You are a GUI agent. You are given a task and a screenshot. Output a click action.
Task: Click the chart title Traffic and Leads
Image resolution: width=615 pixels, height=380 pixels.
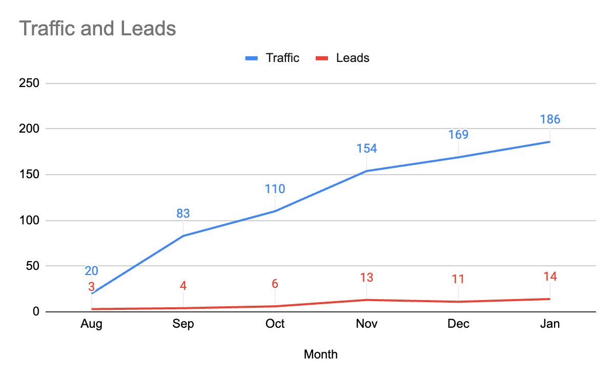[x=97, y=29]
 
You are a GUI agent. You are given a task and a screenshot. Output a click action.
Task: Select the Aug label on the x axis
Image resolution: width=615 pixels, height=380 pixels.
[x=91, y=324]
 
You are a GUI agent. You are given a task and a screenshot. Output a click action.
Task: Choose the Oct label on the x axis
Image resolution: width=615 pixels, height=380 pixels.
[x=275, y=324]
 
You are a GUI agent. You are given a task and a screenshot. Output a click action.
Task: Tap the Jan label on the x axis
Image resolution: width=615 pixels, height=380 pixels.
[x=550, y=324]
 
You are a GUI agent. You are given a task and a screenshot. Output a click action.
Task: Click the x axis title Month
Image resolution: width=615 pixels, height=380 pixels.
[x=321, y=354]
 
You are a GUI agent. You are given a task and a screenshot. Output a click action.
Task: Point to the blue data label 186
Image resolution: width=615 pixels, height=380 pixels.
[x=550, y=120]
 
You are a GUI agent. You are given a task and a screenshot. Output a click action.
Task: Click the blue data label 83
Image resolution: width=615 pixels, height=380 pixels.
[x=183, y=213]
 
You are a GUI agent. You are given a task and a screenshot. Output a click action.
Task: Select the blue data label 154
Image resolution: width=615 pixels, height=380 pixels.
[x=366, y=149]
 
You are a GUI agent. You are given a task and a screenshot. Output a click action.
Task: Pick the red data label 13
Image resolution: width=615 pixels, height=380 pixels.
[x=366, y=278]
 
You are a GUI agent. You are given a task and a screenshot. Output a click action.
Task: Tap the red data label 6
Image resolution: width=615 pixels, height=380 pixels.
[x=275, y=284]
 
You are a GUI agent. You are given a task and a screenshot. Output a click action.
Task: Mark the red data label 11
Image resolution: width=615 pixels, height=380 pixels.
[x=458, y=279]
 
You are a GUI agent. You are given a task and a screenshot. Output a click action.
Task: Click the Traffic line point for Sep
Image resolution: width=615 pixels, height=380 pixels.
[x=183, y=236]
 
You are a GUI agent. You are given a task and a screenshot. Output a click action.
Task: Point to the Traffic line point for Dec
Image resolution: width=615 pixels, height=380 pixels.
[x=458, y=157]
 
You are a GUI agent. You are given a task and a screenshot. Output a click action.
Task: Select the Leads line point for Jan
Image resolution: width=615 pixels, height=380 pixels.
[x=550, y=299]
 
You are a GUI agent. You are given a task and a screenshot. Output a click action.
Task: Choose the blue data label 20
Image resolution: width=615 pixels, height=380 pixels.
[x=91, y=271]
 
